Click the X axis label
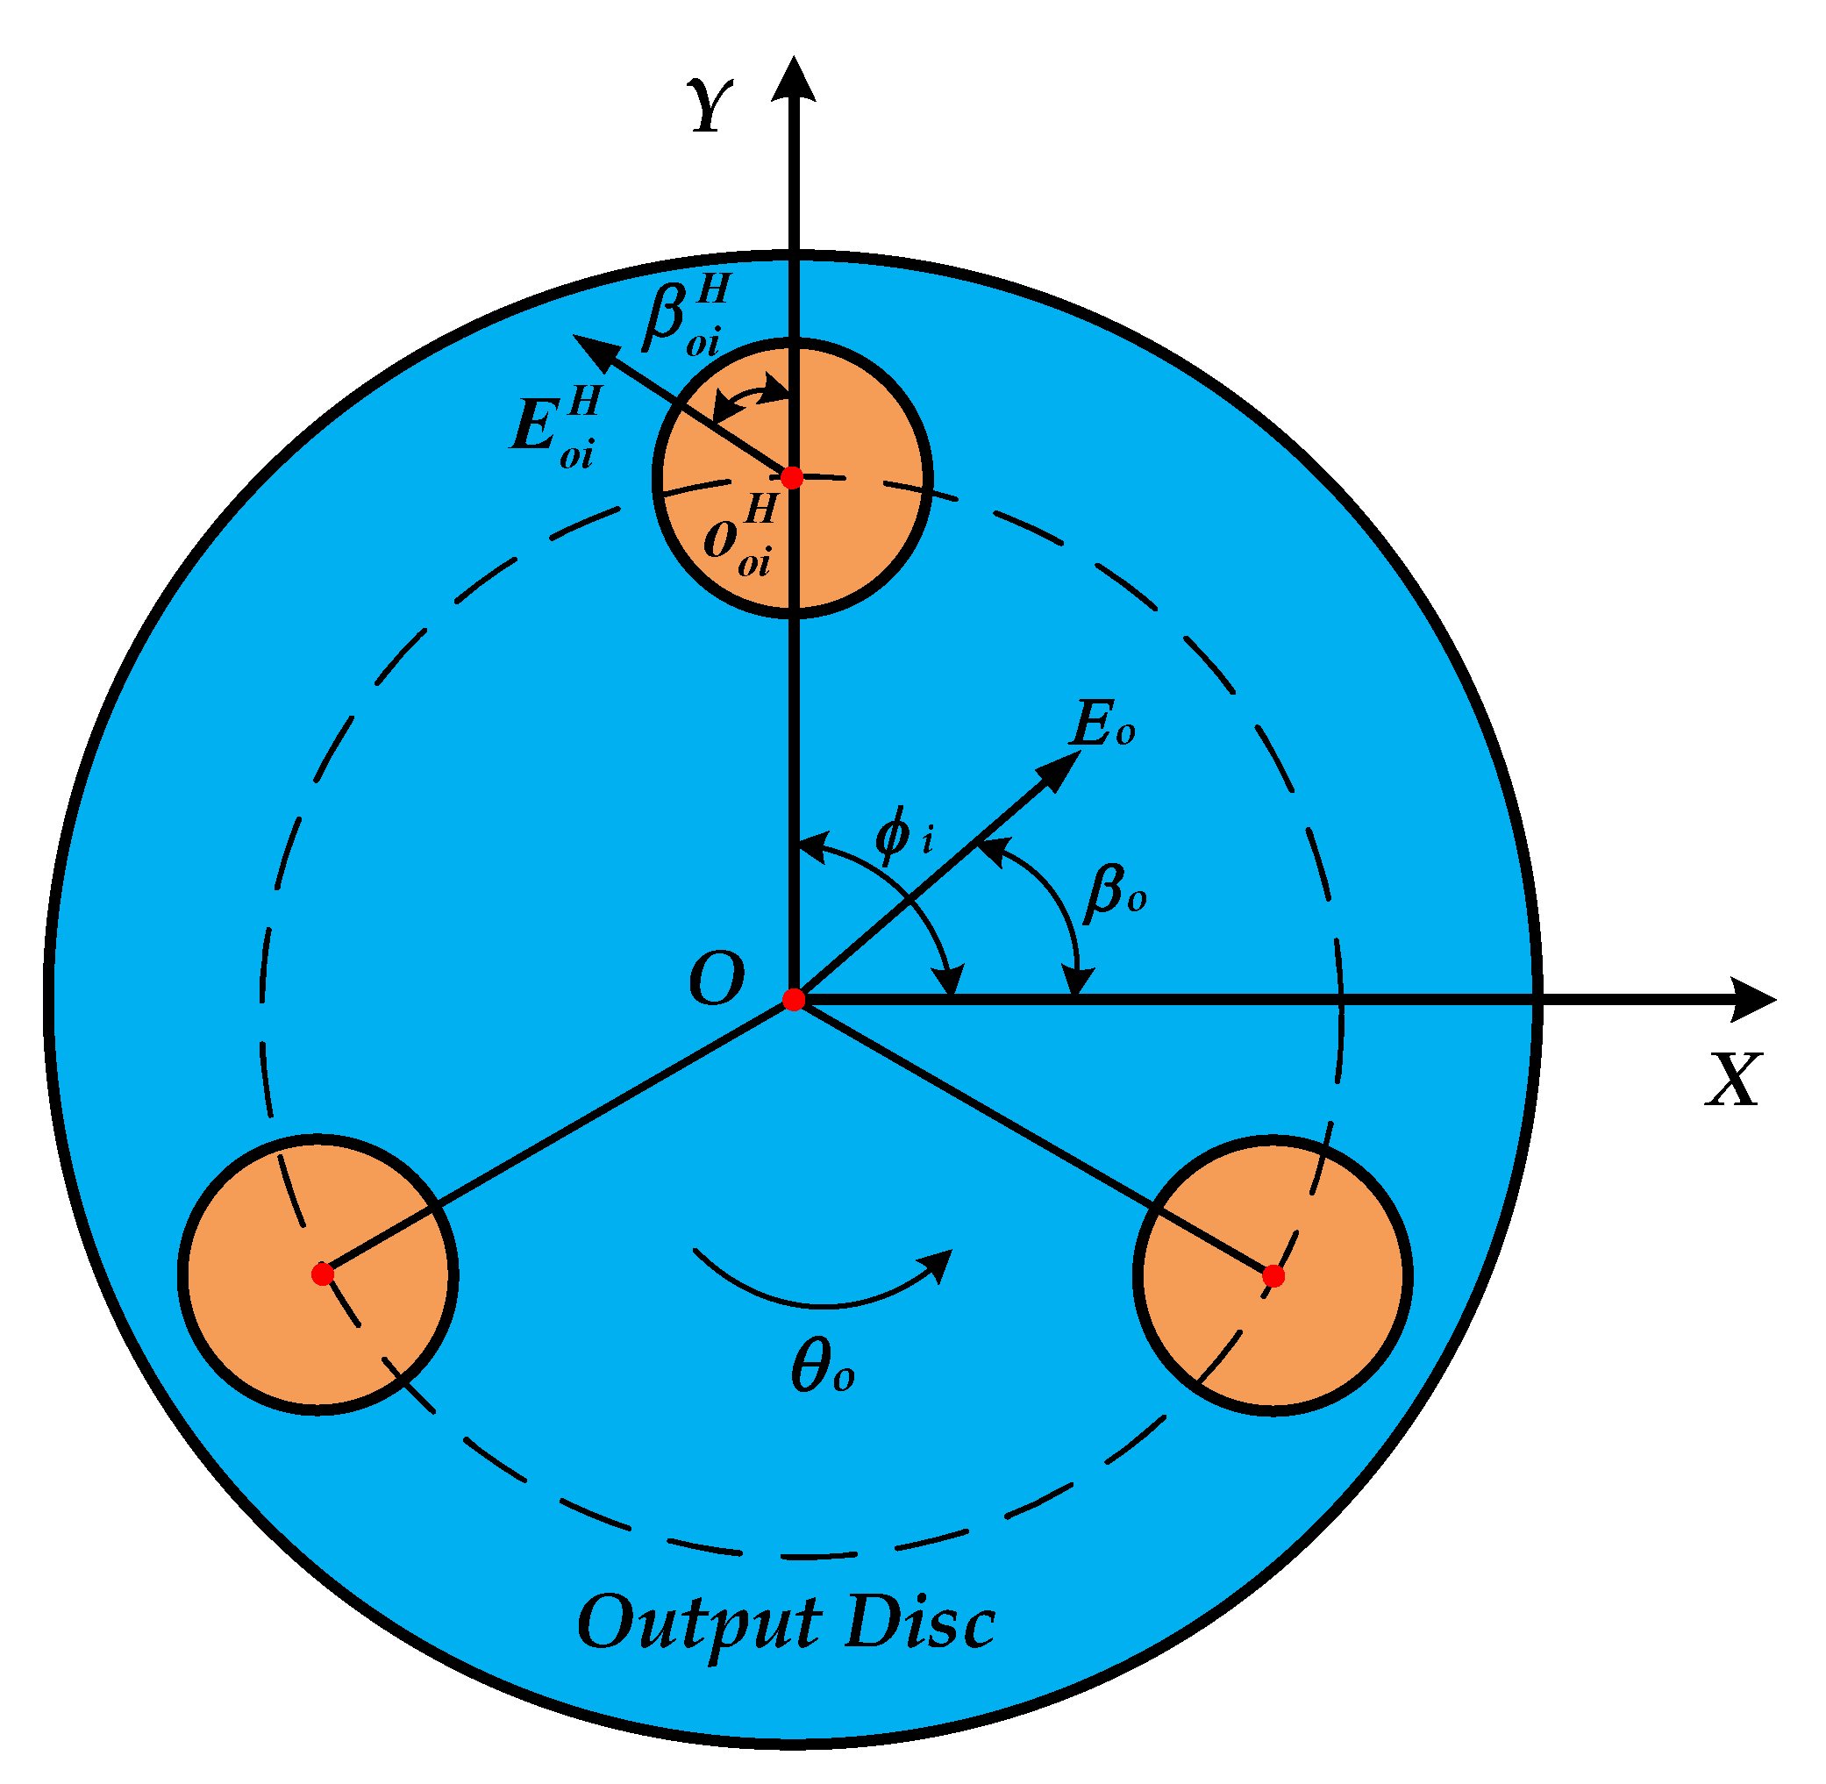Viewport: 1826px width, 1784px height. click(1733, 1081)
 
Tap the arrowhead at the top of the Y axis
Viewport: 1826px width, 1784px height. click(794, 79)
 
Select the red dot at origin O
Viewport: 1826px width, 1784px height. click(794, 1000)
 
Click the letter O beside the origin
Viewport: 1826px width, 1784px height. click(717, 980)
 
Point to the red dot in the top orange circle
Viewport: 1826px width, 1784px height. click(792, 477)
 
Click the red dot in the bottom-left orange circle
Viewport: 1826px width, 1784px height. click(322, 1274)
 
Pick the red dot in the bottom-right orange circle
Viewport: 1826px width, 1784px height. click(1273, 1275)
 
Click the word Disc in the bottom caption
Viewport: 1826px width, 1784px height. click(919, 1621)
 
